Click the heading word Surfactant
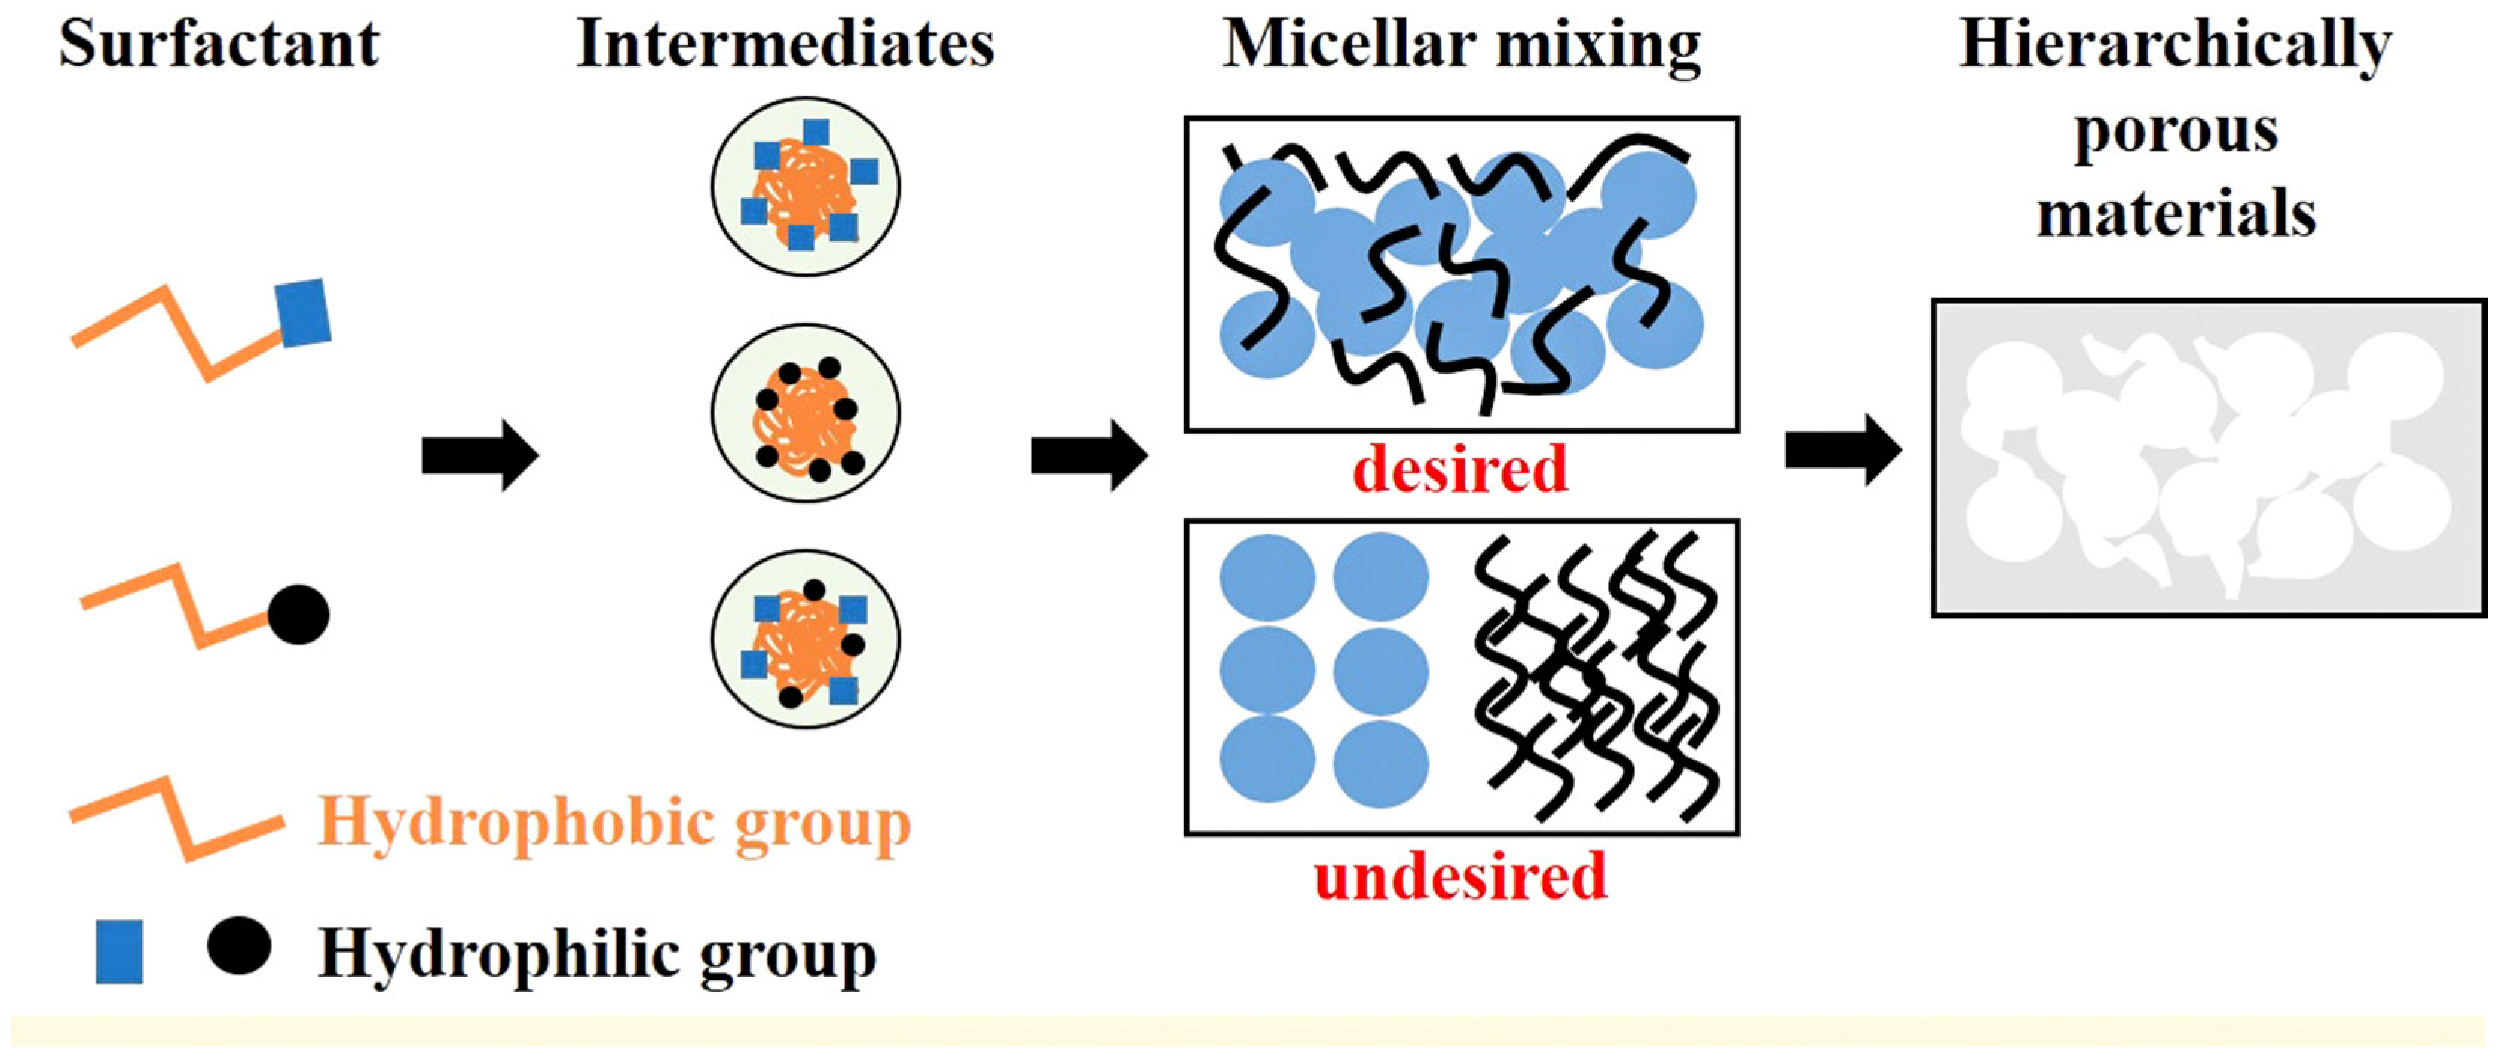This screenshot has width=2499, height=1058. [x=219, y=44]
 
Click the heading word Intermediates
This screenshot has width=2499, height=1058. [x=785, y=44]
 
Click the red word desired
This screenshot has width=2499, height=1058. [x=1460, y=469]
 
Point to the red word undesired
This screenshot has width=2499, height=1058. [x=1460, y=876]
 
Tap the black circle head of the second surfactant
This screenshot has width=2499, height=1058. [x=299, y=615]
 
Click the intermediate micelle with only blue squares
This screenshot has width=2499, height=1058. [x=805, y=186]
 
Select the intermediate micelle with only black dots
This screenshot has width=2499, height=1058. [x=805, y=413]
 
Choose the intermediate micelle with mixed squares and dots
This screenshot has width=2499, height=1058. [x=805, y=640]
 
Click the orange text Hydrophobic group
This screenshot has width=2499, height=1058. [x=615, y=824]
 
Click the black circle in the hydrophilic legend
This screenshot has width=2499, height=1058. [x=239, y=946]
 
